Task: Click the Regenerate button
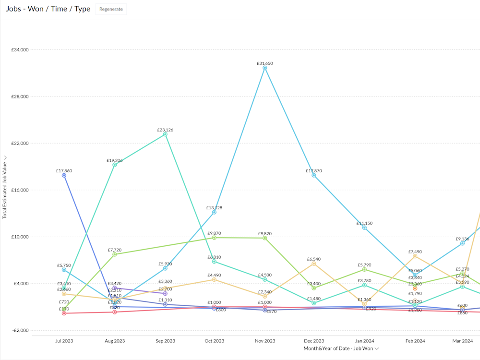[x=111, y=9]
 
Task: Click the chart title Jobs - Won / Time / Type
[x=48, y=9]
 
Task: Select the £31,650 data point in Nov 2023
[x=264, y=68]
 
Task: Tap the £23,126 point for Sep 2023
[x=165, y=134]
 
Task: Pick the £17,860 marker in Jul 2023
[x=64, y=176]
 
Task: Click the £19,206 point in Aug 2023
[x=115, y=165]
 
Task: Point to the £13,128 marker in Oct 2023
[x=214, y=212]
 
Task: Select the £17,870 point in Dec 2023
[x=314, y=176]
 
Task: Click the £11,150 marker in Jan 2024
[x=364, y=228]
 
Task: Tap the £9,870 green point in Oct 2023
[x=214, y=238]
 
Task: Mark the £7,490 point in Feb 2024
[x=415, y=256]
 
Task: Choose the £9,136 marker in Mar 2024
[x=462, y=243]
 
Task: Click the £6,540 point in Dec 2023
[x=314, y=264]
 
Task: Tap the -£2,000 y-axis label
[x=20, y=331]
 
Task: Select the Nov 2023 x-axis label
[x=264, y=341]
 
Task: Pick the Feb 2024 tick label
[x=415, y=341]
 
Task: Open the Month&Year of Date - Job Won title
[x=338, y=348]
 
